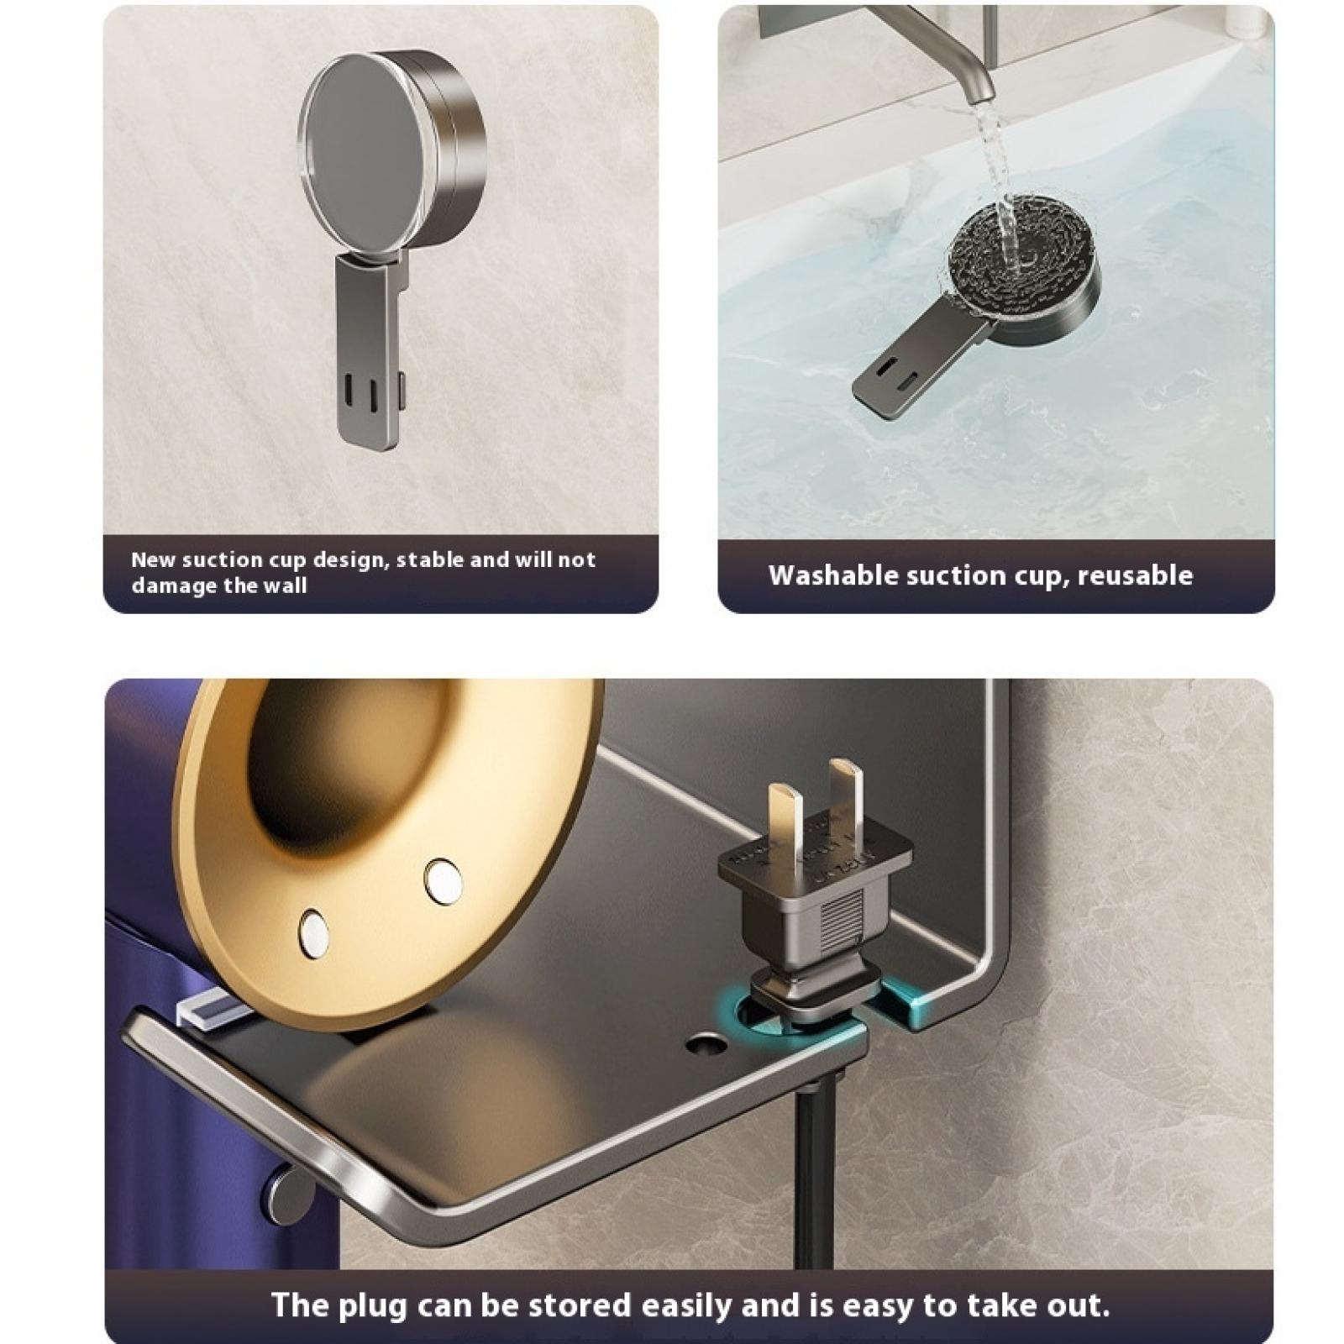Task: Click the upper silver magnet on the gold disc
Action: [x=444, y=882]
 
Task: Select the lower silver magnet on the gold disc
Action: [x=314, y=933]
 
